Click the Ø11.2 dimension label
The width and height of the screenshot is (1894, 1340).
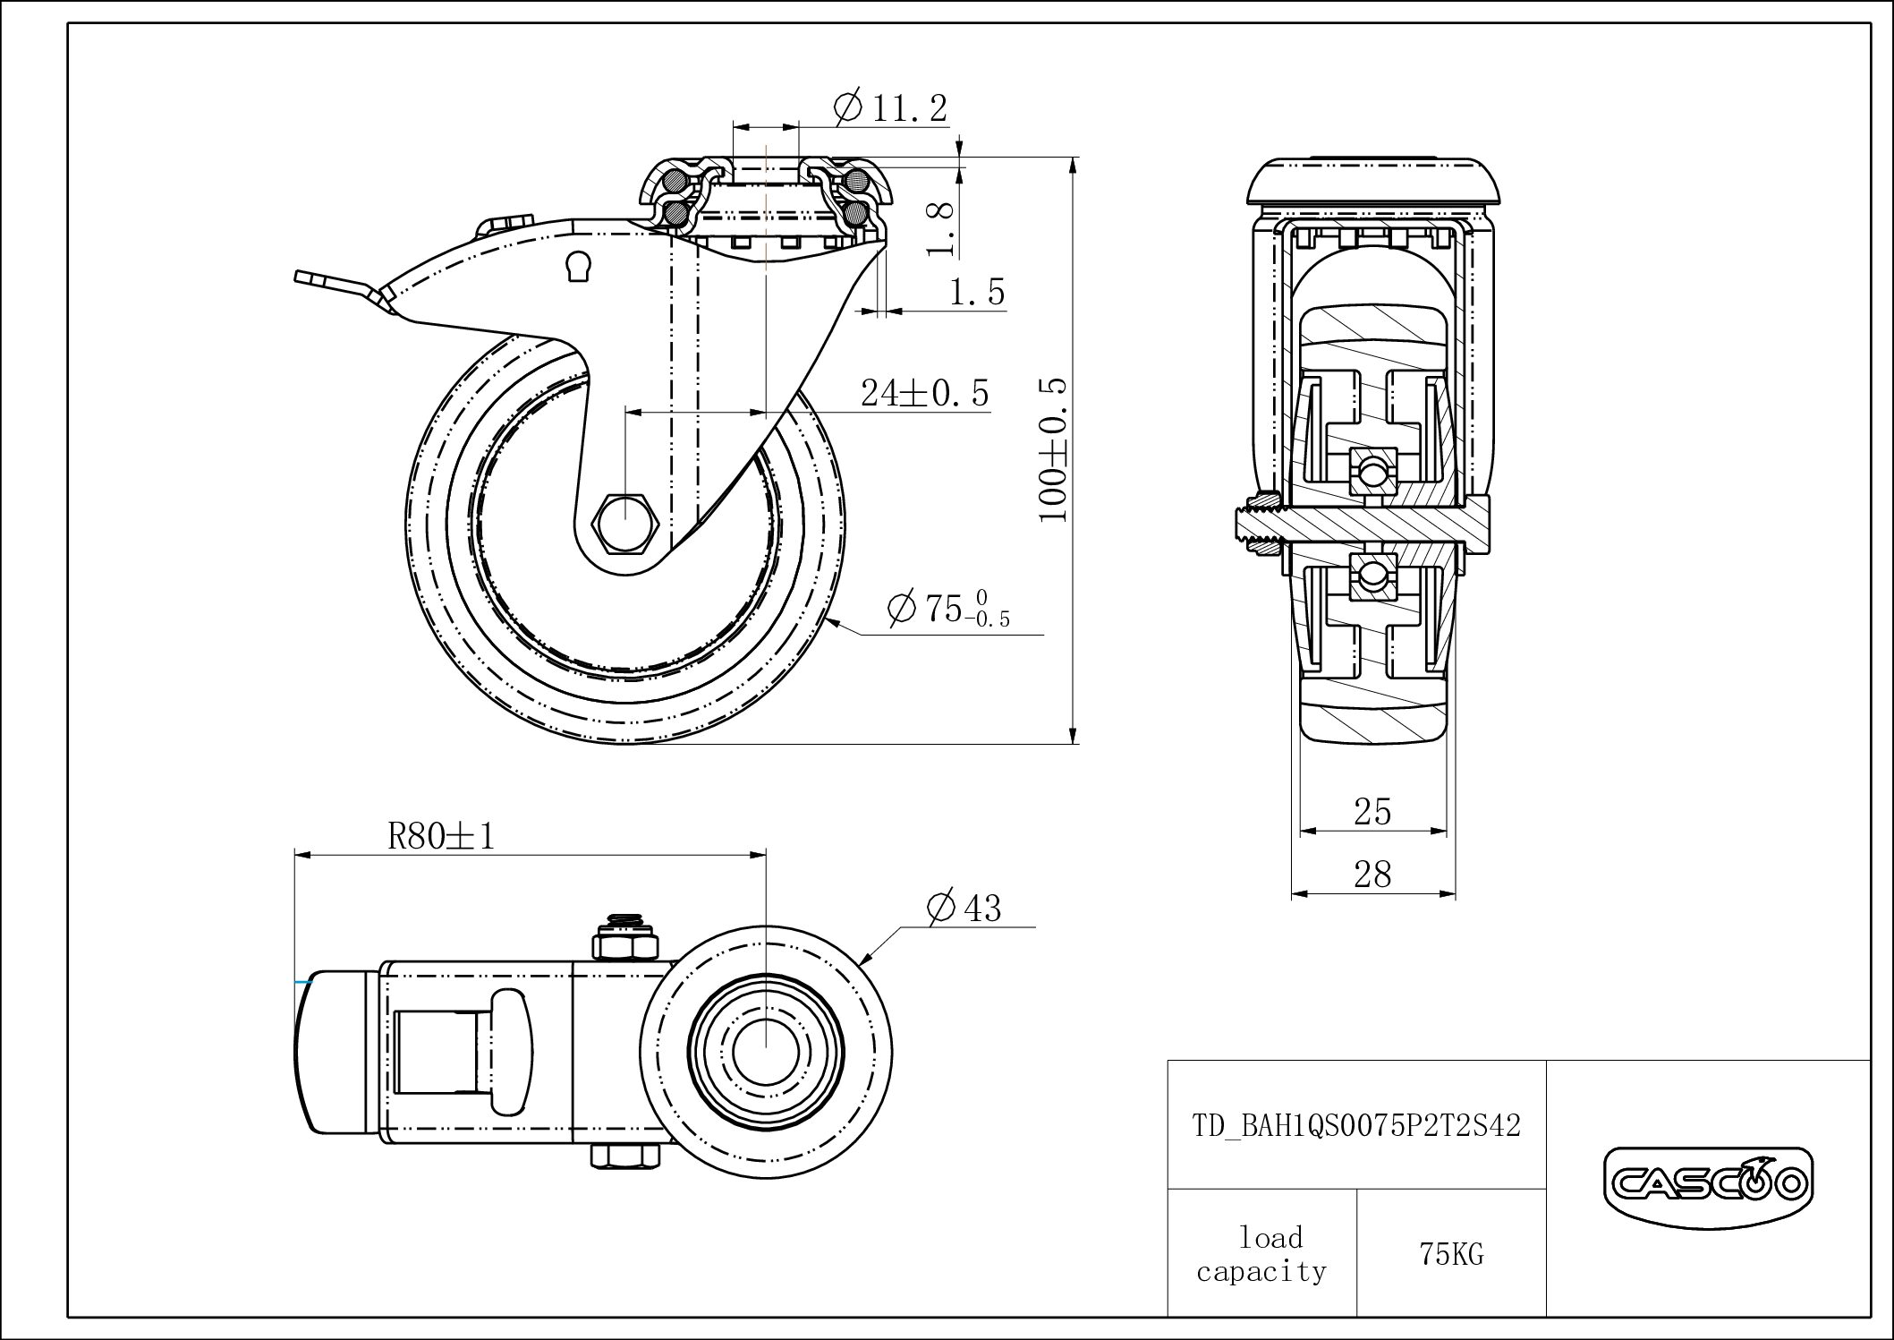(x=889, y=108)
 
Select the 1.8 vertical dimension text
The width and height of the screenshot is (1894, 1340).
(x=941, y=228)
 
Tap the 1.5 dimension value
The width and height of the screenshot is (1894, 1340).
(x=977, y=292)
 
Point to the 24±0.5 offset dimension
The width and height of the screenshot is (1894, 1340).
(x=925, y=392)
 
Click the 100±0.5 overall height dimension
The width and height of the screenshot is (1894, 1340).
(x=1053, y=449)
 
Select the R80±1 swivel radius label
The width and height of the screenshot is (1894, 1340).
(x=441, y=836)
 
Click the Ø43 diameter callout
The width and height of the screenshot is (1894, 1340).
(x=964, y=908)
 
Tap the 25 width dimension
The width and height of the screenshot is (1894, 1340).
(x=1372, y=811)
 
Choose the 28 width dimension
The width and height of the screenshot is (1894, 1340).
(x=1372, y=874)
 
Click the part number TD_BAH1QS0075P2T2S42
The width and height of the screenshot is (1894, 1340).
(x=1356, y=1125)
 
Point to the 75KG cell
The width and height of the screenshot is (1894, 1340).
(x=1451, y=1255)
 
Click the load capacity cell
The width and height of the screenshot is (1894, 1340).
(x=1261, y=1254)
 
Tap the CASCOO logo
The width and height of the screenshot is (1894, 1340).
(x=1708, y=1185)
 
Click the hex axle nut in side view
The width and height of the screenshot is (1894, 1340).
(x=626, y=522)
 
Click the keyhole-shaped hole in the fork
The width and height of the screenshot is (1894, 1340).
(x=578, y=266)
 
